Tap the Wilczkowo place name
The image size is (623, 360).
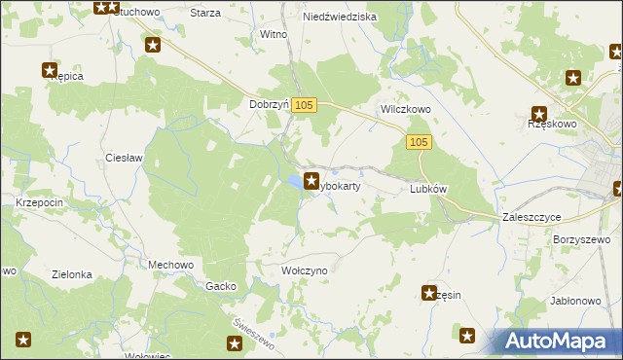coord(405,110)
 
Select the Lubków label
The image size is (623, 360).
coord(428,190)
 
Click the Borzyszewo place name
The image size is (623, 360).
coord(581,238)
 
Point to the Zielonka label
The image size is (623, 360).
coord(73,274)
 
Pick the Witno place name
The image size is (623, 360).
coord(274,34)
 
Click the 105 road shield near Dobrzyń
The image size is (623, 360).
coord(305,105)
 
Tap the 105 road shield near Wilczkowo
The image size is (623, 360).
coord(419,143)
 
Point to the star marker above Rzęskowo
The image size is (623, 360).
coord(538,114)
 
